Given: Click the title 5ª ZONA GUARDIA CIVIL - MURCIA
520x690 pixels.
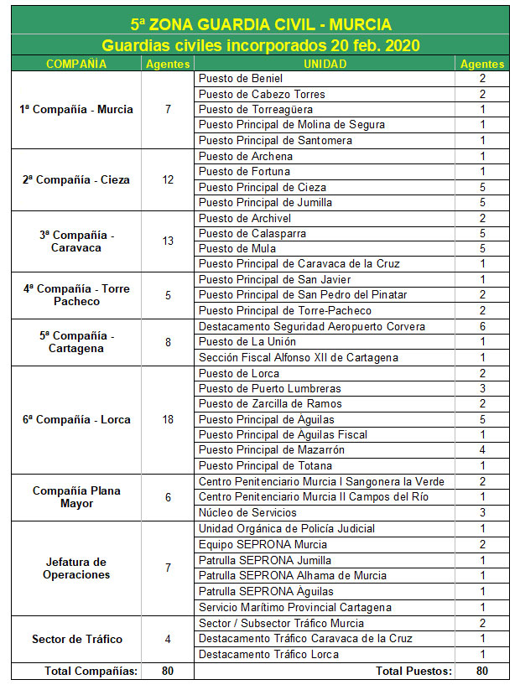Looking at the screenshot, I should [260, 25].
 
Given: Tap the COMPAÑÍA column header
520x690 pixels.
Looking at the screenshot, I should [75, 64].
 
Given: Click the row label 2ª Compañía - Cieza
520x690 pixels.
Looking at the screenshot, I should [75, 179].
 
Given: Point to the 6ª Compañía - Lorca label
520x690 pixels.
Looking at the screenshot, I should [75, 419].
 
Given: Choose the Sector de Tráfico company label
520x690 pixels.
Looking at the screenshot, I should [75, 639].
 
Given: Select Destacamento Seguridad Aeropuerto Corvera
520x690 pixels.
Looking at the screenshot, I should [312, 326].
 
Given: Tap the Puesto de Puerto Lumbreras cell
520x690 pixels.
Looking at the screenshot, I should [270, 388].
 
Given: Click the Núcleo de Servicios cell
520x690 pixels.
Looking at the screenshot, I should [247, 512].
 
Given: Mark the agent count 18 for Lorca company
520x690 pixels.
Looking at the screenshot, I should [168, 419].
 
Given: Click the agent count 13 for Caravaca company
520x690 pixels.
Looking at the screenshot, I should [168, 241].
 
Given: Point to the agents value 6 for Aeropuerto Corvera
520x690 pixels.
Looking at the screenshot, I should [482, 326].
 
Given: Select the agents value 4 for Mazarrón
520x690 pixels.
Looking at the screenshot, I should [482, 450].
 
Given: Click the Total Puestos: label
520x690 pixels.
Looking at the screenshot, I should [413, 671].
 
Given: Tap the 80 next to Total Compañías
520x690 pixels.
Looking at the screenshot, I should [168, 671].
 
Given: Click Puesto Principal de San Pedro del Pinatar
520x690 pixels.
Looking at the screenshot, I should [303, 295].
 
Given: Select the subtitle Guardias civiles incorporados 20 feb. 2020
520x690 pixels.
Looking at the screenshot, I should [260, 45].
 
